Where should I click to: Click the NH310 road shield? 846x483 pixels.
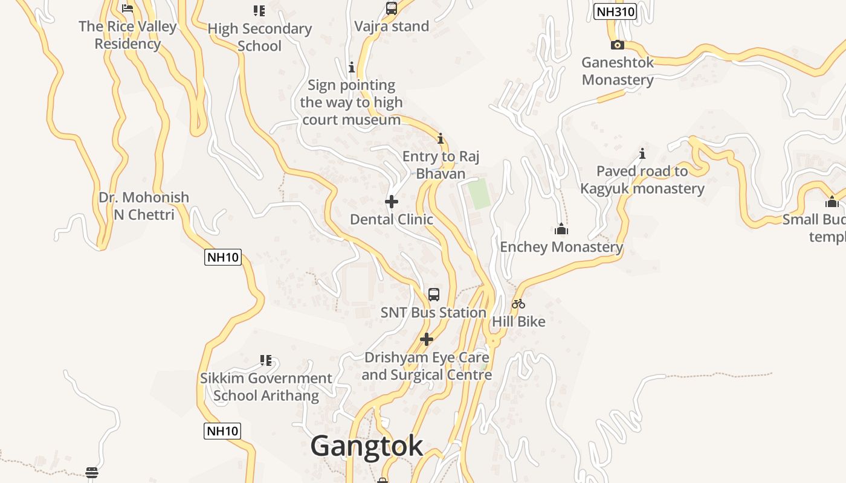coord(615,11)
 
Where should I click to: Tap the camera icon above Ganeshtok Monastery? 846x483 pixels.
coord(617,45)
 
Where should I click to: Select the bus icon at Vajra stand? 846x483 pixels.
coord(392,8)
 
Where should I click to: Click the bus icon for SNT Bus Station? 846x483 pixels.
coord(434,295)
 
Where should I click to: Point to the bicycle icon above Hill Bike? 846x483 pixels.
coord(518,304)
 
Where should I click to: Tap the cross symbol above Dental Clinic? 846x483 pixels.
coord(392,202)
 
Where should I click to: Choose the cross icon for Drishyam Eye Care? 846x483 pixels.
coord(427,339)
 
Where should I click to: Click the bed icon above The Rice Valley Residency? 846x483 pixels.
coord(128,8)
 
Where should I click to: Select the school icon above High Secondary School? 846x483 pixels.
coord(259,10)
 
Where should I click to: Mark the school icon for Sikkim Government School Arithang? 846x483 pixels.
coord(266,360)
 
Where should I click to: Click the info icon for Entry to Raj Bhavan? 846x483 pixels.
coord(441,139)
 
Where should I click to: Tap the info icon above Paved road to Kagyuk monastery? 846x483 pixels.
coord(642,153)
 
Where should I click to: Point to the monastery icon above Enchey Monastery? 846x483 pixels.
coord(561,229)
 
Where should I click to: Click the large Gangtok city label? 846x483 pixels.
coord(367,446)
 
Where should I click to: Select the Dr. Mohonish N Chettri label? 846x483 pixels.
coord(144,206)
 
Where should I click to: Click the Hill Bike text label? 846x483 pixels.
coord(518,321)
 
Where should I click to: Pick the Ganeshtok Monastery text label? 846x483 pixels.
coord(618,71)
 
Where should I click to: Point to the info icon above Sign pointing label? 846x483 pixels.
coord(352,67)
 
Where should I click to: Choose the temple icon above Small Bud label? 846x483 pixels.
coord(832,202)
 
